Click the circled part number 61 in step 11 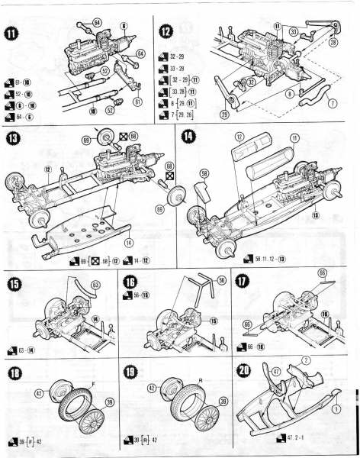138,100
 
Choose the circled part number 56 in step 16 223,279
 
